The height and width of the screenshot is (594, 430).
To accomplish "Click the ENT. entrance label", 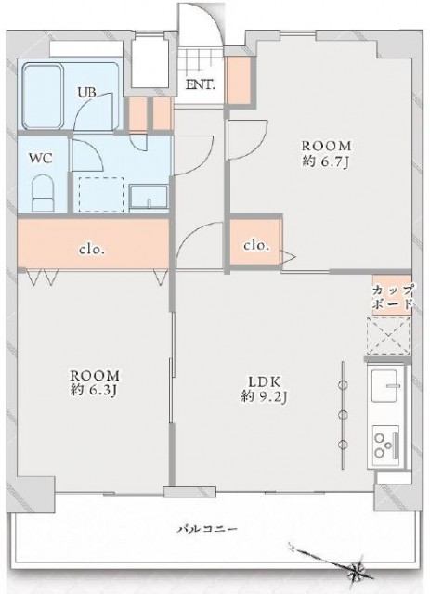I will (x=200, y=84).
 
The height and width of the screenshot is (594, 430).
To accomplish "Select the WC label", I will (x=40, y=158).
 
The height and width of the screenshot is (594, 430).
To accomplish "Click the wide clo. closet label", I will (x=90, y=249).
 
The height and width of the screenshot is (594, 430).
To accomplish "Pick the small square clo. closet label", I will (x=255, y=246).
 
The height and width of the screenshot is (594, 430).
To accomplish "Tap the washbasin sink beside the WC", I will (x=148, y=198).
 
